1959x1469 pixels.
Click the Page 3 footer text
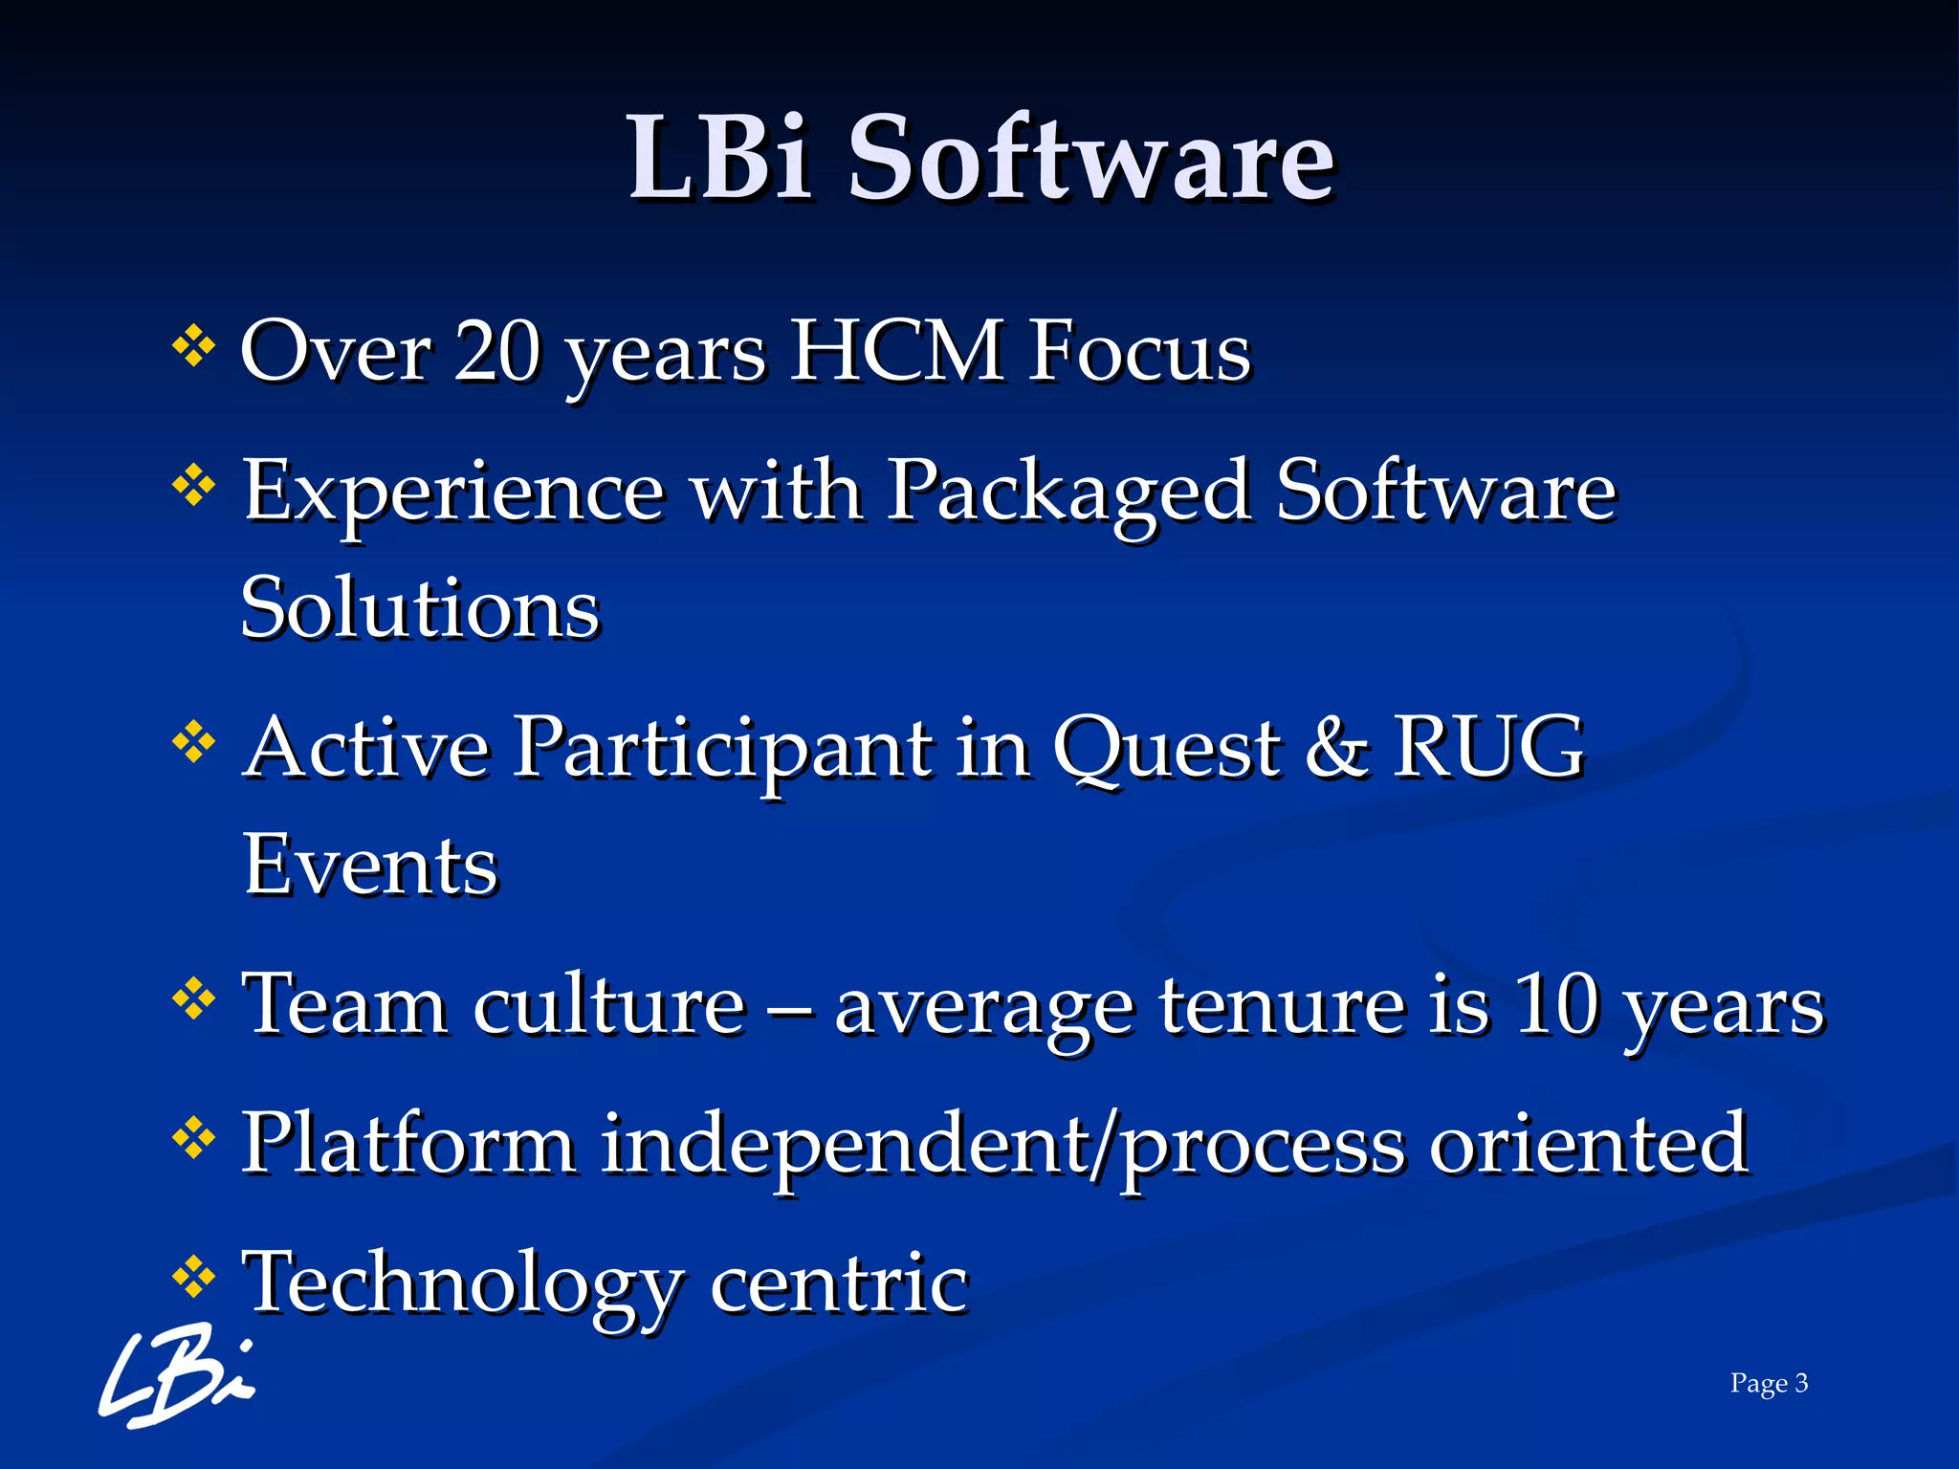(1769, 1383)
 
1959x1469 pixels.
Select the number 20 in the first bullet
(497, 352)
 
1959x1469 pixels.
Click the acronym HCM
(899, 352)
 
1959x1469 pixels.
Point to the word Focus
(1140, 352)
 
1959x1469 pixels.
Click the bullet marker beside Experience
(193, 486)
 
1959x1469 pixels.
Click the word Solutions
(420, 608)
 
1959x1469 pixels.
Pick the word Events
(371, 865)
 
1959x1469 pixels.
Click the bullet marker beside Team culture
(193, 1000)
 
